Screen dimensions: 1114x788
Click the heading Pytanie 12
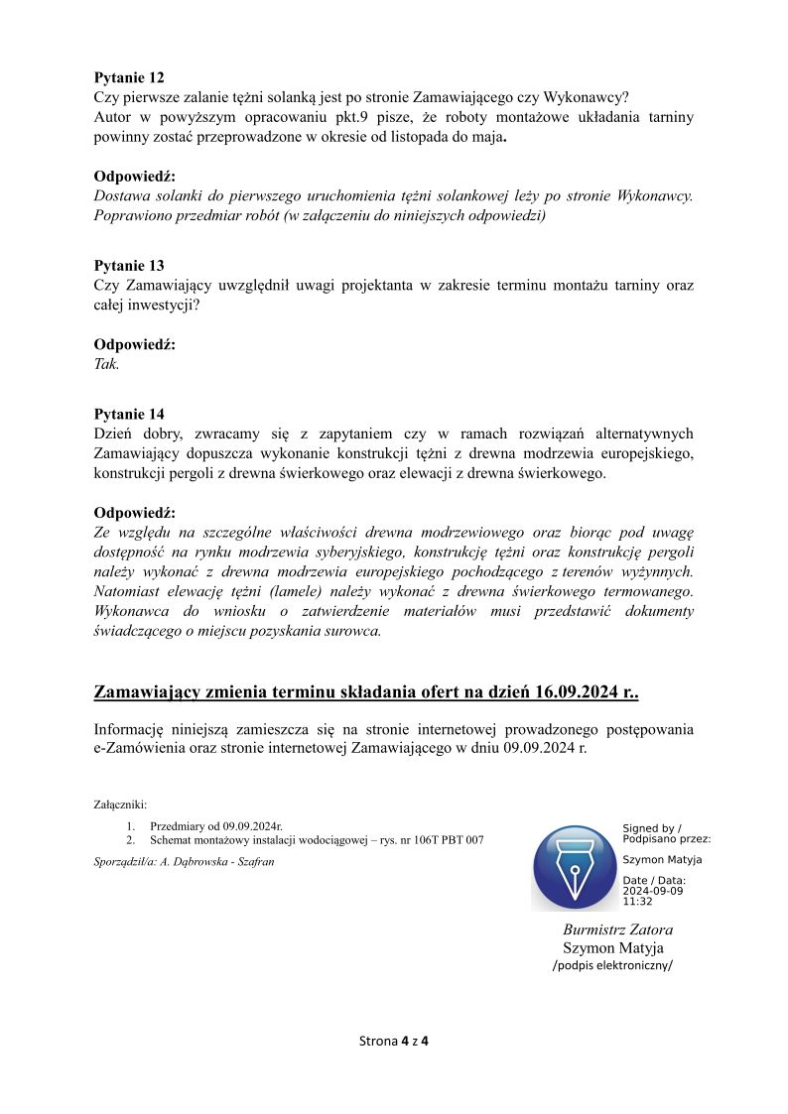pyautogui.click(x=129, y=77)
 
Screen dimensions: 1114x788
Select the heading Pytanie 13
pyautogui.click(x=129, y=266)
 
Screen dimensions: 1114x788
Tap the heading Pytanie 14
pyautogui.click(x=129, y=414)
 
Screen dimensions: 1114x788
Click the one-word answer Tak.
pyautogui.click(x=106, y=364)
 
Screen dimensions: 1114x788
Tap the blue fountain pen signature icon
pyautogui.click(x=575, y=868)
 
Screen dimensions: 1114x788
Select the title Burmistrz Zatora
pyautogui.click(x=617, y=929)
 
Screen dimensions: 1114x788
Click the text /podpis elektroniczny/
pyautogui.click(x=612, y=965)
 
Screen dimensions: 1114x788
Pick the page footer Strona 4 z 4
pyautogui.click(x=393, y=1041)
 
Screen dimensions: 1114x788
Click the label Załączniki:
pyautogui.click(x=120, y=805)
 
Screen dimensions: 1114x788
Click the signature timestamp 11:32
pyautogui.click(x=637, y=902)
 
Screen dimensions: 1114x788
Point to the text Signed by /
pyautogui.click(x=651, y=827)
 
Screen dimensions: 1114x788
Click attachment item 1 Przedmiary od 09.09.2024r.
pyautogui.click(x=216, y=825)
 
